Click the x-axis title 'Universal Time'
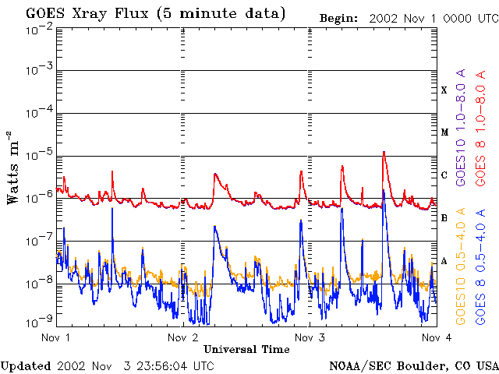coord(246,349)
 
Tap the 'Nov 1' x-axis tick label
coord(55,338)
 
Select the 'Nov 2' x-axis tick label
coord(182,338)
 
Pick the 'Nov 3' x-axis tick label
coord(310,338)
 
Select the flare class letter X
coord(444,90)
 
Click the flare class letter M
coord(444,132)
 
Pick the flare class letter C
coord(444,175)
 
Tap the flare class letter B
coord(444,218)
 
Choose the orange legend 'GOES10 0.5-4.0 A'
coord(462,267)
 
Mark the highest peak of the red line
coord(384,152)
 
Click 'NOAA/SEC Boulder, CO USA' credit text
coord(413,365)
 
